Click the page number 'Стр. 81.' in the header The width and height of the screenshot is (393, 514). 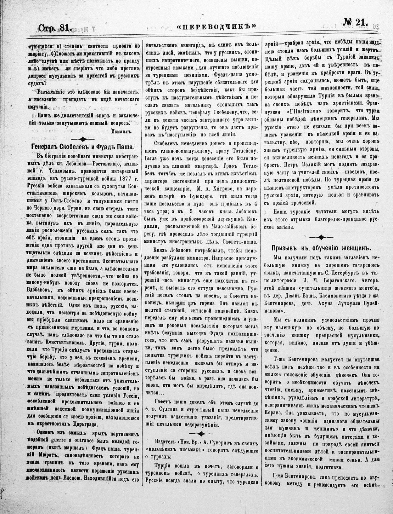pos(55,28)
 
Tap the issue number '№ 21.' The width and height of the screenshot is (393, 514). pos(358,23)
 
